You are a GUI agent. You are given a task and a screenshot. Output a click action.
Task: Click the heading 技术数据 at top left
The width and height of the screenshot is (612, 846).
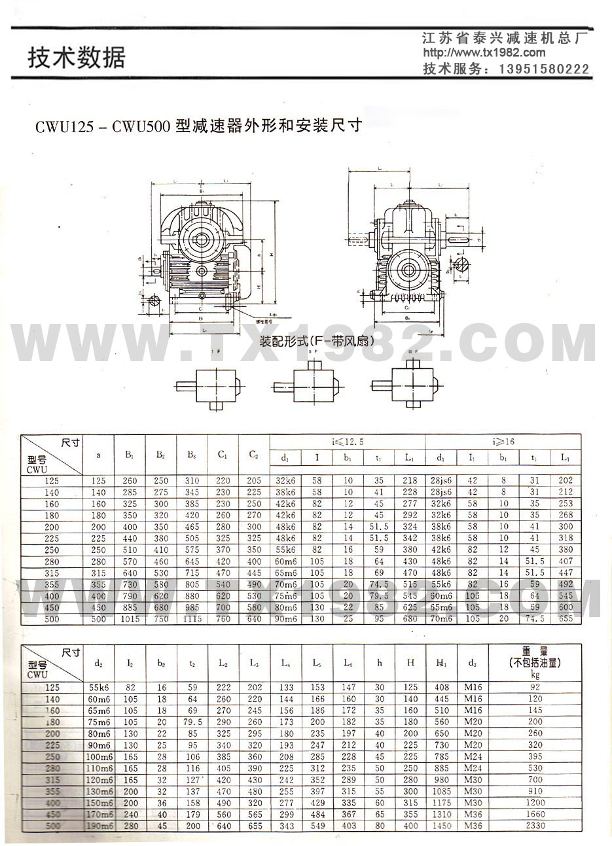[x=76, y=58]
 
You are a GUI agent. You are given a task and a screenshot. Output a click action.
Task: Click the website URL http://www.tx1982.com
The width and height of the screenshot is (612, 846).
[x=484, y=53]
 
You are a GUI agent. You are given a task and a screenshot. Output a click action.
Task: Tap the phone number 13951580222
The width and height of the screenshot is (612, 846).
[x=544, y=69]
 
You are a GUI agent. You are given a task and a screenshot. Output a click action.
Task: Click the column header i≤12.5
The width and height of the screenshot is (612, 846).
[x=347, y=442]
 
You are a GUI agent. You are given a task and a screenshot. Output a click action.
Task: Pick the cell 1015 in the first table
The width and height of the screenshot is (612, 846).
[x=130, y=618]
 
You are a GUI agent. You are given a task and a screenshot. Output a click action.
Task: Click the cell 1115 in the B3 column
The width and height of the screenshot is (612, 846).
[x=191, y=618]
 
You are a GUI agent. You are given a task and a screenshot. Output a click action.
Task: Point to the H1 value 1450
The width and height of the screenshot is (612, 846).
[x=441, y=826]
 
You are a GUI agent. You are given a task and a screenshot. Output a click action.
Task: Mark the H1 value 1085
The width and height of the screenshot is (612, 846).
[x=441, y=791]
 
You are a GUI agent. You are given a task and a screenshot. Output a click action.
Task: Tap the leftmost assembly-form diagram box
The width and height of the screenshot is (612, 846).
[x=215, y=385]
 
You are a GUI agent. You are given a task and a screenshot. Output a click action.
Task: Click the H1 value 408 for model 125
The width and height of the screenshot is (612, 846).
[x=441, y=688]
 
